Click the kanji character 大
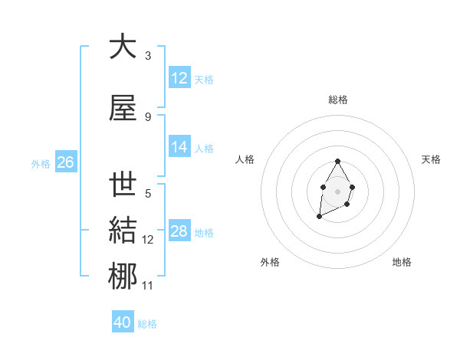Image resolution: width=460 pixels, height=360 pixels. (x=123, y=47)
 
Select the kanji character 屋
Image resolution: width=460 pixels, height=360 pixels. (x=123, y=109)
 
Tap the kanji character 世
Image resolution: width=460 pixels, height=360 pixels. (x=123, y=185)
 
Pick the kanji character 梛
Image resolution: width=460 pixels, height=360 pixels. (x=123, y=277)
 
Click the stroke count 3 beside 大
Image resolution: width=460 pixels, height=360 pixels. (x=148, y=56)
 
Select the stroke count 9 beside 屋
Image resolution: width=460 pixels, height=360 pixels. (x=148, y=117)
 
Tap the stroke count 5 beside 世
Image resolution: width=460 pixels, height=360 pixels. (x=148, y=194)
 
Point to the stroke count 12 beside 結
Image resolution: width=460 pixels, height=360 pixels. (x=148, y=240)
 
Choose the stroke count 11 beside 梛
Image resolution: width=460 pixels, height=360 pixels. (x=148, y=286)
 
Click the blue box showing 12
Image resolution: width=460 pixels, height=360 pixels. (x=179, y=78)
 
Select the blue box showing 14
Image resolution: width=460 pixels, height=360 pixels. (x=179, y=147)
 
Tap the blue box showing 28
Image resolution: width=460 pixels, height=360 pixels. (x=179, y=231)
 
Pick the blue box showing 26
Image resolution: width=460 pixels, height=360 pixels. (x=65, y=162)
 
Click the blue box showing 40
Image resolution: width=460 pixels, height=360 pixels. (x=123, y=322)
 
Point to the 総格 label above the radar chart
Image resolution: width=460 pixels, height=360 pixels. (x=338, y=100)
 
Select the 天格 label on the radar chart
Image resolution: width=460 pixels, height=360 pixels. (x=432, y=159)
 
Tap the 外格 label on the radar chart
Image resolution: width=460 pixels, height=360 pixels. (x=270, y=262)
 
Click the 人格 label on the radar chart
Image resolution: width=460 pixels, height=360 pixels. (x=245, y=159)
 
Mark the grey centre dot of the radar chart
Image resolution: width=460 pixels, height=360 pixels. (x=337, y=190)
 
